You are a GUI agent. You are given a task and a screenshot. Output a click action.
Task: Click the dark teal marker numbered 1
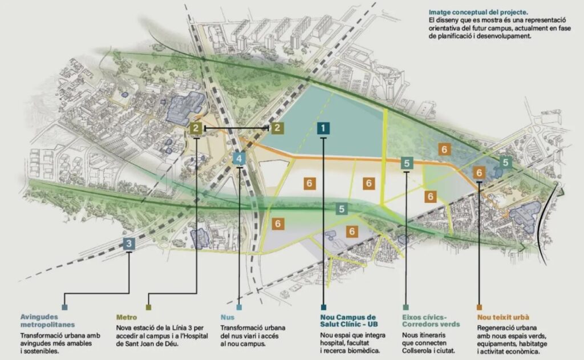point(323,128)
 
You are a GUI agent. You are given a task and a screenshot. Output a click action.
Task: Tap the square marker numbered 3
point(129,244)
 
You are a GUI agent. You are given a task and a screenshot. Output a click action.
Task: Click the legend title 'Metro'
point(126,317)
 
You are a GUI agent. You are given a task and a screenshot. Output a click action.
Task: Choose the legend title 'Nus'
point(226,317)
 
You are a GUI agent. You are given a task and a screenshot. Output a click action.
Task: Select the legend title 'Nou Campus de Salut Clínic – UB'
point(348,321)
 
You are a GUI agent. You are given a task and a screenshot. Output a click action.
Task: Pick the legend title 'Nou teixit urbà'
point(502,317)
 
